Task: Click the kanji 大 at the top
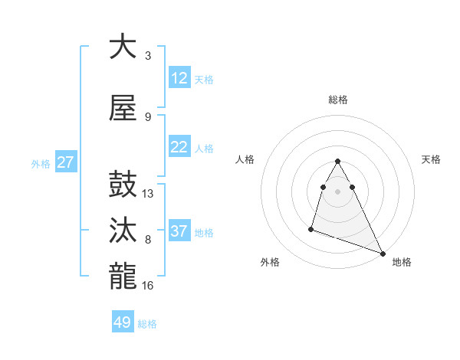(123, 47)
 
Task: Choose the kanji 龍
(123, 277)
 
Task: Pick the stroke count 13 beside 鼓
(148, 194)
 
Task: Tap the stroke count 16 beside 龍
(148, 285)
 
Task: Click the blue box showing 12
(179, 78)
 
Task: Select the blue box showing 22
(179, 148)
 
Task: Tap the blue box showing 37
(179, 231)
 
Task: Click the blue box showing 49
(123, 322)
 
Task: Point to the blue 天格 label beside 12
(204, 80)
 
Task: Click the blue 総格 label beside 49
(147, 324)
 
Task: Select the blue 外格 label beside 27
(41, 164)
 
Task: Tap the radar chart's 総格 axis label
(338, 100)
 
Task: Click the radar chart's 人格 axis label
(245, 159)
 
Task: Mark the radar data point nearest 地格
(383, 254)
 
